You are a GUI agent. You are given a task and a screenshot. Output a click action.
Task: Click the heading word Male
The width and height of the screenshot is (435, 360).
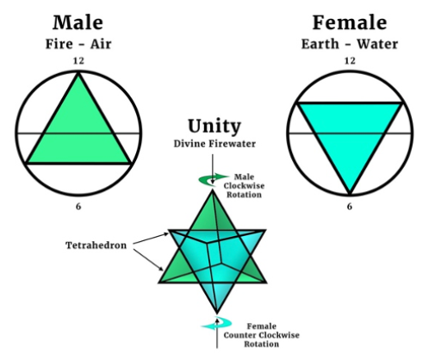[78, 22]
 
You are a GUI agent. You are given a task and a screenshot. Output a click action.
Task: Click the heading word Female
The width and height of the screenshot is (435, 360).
[350, 22]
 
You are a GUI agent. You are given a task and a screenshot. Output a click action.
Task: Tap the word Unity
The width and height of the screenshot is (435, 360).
[214, 126]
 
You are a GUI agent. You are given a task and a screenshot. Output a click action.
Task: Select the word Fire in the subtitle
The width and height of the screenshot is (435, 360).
[59, 44]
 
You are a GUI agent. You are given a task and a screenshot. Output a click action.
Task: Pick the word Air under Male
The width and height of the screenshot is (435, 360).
[101, 44]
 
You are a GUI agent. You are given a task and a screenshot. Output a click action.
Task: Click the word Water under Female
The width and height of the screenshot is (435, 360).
[377, 44]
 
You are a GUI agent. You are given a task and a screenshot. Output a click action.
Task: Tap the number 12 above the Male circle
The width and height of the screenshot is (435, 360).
[78, 61]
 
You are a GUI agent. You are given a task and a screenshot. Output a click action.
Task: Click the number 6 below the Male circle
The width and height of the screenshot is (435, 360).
[78, 207]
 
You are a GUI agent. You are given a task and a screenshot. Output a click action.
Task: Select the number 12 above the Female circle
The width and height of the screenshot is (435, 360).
[350, 61]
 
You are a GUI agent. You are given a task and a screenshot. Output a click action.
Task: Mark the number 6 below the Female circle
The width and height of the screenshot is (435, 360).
[350, 207]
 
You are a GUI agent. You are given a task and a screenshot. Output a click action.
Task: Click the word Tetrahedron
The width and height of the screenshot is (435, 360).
[96, 245]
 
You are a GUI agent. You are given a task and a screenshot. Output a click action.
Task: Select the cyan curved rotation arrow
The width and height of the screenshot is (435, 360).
[217, 324]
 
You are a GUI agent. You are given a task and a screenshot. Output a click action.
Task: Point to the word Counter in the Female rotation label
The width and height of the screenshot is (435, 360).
[240, 335]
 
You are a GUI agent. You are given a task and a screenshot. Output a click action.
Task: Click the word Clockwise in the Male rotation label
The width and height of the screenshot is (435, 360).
[244, 186]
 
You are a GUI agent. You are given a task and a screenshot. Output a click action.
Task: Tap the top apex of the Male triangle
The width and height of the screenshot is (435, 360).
[78, 73]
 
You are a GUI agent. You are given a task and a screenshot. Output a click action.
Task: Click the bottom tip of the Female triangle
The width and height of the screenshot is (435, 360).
[350, 194]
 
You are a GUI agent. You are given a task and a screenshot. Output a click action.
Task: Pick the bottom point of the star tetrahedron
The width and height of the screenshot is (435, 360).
[217, 313]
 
